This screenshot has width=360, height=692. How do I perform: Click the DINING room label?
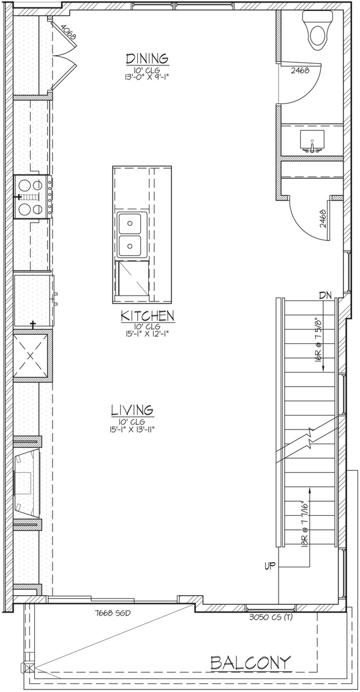tap(147, 59)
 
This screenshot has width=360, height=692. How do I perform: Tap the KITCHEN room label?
tap(148, 316)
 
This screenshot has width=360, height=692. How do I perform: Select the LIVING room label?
tap(132, 410)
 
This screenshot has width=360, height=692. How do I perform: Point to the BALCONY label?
tap(250, 663)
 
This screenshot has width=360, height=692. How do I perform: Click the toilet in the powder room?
tap(317, 30)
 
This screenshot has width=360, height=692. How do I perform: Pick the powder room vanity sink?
tap(312, 141)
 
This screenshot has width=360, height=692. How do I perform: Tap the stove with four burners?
tap(33, 197)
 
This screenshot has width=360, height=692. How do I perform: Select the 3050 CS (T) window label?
tap(271, 617)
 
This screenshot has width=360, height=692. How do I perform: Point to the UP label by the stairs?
tap(270, 566)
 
